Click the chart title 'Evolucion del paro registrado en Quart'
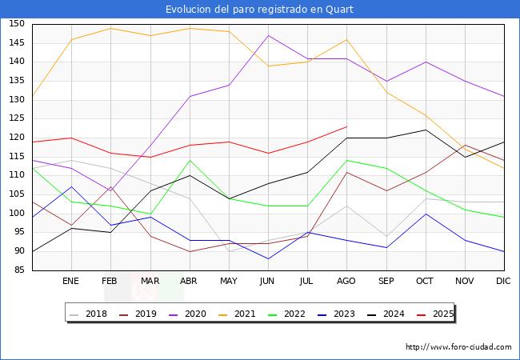[260, 10]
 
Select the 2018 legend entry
[89, 314]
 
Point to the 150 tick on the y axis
[17, 24]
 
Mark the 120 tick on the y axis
[17, 138]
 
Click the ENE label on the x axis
[71, 282]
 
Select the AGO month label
[346, 282]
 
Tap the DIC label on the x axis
[503, 282]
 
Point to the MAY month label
[229, 282]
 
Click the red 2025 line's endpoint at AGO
[346, 126]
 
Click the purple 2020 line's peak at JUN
[268, 35]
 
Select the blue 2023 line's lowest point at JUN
[268, 259]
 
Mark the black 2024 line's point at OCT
[425, 130]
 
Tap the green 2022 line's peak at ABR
[190, 160]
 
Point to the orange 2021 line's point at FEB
[110, 28]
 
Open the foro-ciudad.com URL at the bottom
[458, 347]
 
